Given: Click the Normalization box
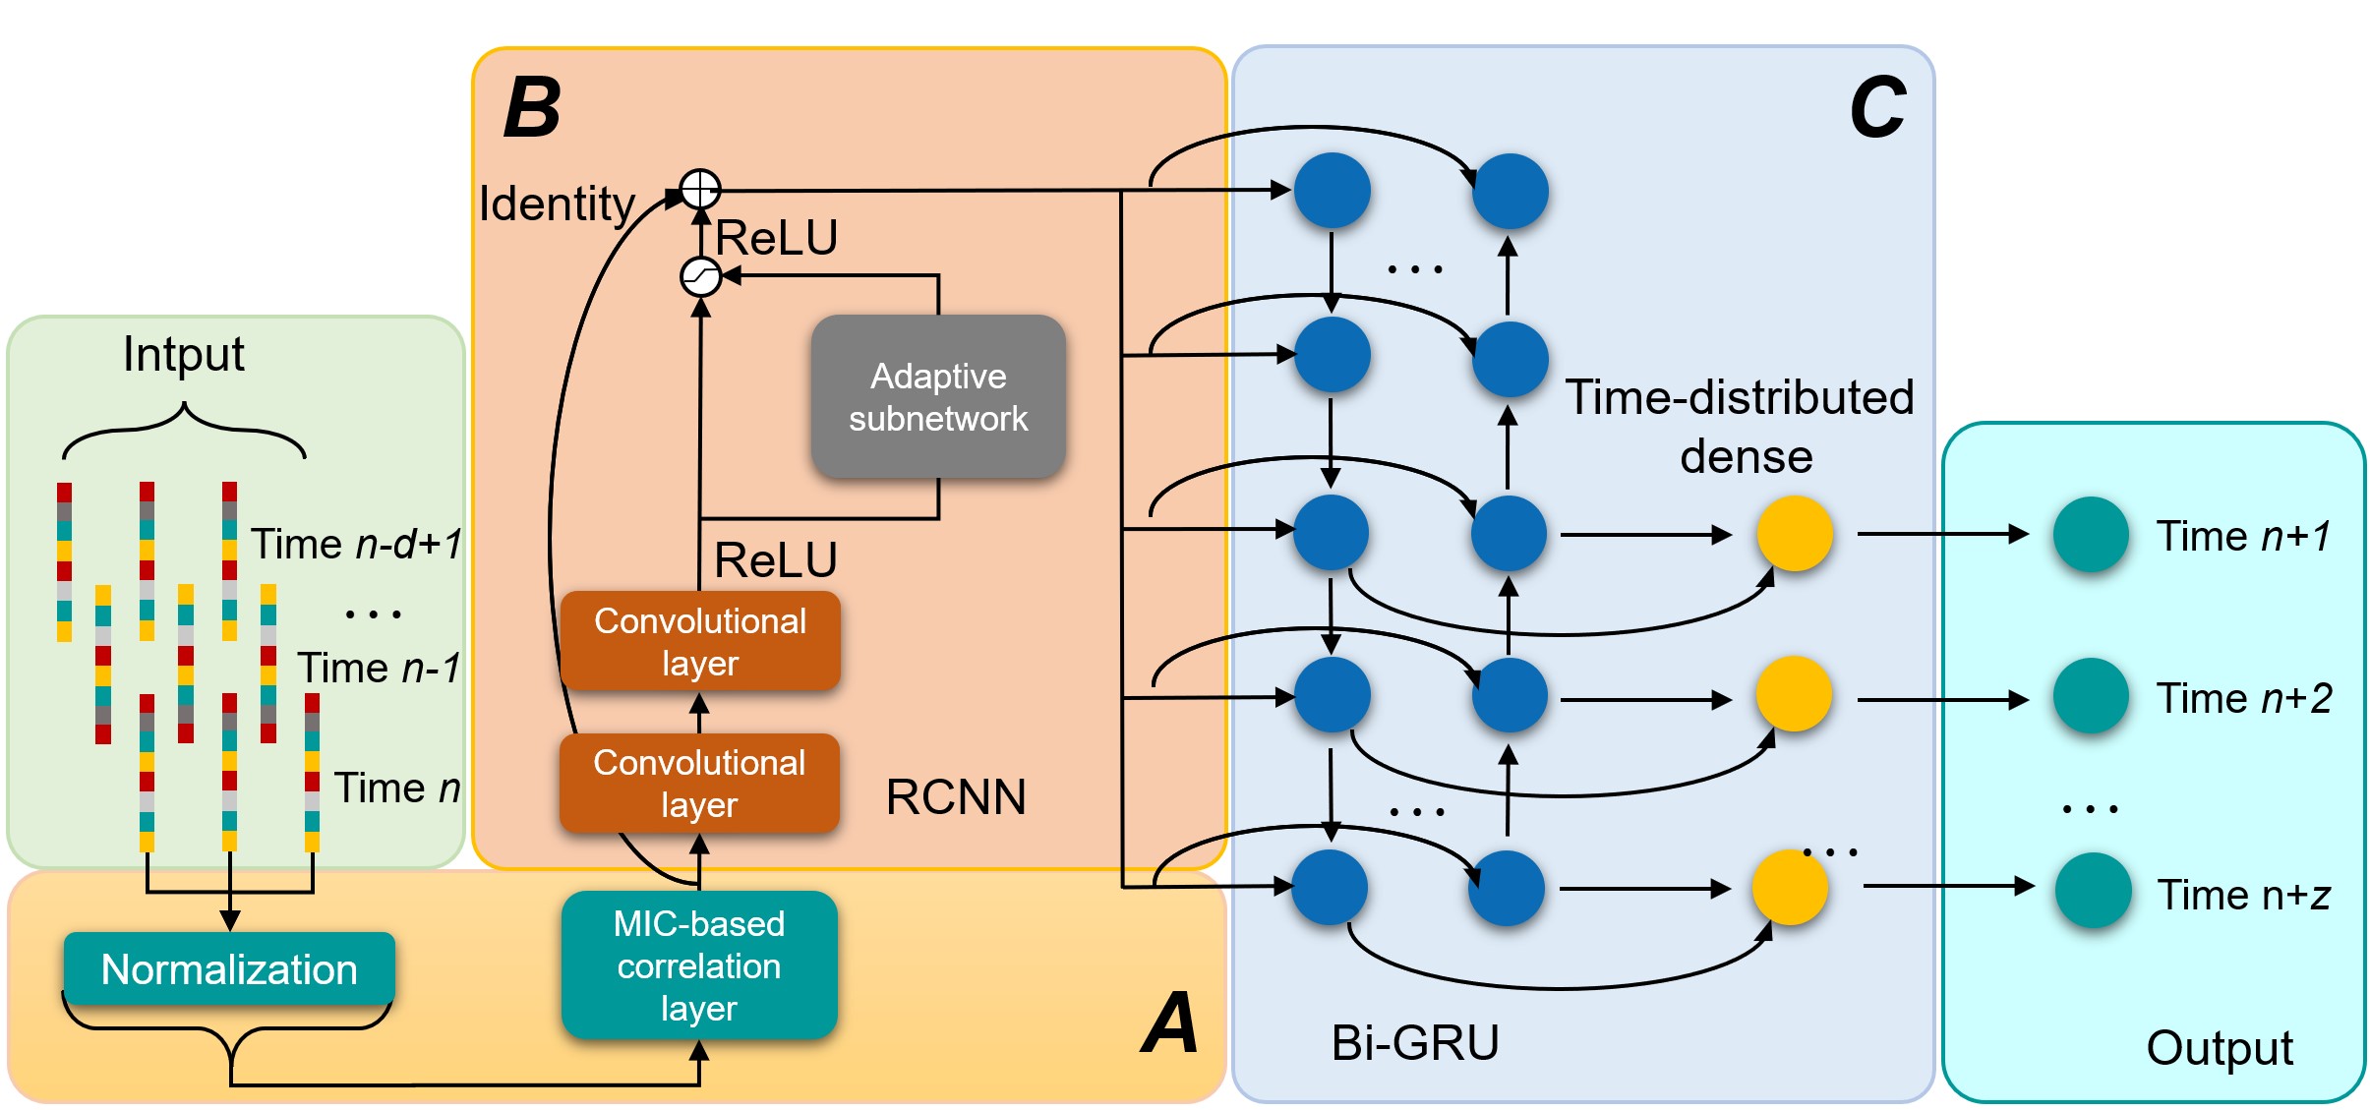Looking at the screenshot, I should coord(229,968).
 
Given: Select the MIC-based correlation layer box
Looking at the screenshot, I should coord(699,964).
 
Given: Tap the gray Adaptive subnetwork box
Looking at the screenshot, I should coord(938,397).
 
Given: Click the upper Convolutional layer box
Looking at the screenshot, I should coord(700,641).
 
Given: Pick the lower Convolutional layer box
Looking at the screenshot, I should coord(699,783).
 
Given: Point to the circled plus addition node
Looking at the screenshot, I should coord(700,188).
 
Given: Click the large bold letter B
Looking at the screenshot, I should coord(532,108).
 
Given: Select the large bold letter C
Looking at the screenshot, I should coord(1876,108).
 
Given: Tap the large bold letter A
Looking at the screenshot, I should coord(1170,1022).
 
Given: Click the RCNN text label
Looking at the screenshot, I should coord(956,796).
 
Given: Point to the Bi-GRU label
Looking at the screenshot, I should coord(1414,1042).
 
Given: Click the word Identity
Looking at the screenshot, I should coord(557,204).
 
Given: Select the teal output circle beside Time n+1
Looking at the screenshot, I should coord(2091,535).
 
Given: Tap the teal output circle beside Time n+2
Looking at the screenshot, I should coord(2091,696).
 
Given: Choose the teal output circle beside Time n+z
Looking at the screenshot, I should coord(2093,891).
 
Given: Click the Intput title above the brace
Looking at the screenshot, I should coord(184,354).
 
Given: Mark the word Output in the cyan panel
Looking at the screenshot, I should coord(2220,1048).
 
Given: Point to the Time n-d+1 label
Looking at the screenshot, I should coord(356,544).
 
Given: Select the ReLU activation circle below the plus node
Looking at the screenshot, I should coord(700,276).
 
